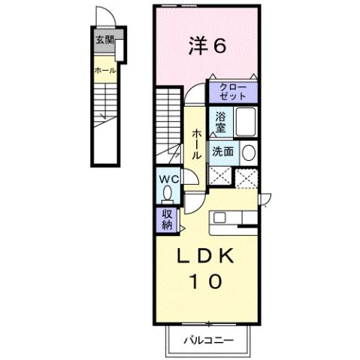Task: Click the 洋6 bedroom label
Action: coord(206,47)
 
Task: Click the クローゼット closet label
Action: coord(232,91)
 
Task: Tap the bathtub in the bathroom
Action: coord(247,120)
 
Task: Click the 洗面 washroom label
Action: coord(223,150)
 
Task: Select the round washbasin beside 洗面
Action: coord(249,151)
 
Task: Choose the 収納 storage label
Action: coord(165,219)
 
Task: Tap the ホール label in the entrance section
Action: coord(104,69)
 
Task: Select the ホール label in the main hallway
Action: coord(195,143)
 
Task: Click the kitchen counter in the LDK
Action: coord(234,218)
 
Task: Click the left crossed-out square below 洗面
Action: coord(220,177)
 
